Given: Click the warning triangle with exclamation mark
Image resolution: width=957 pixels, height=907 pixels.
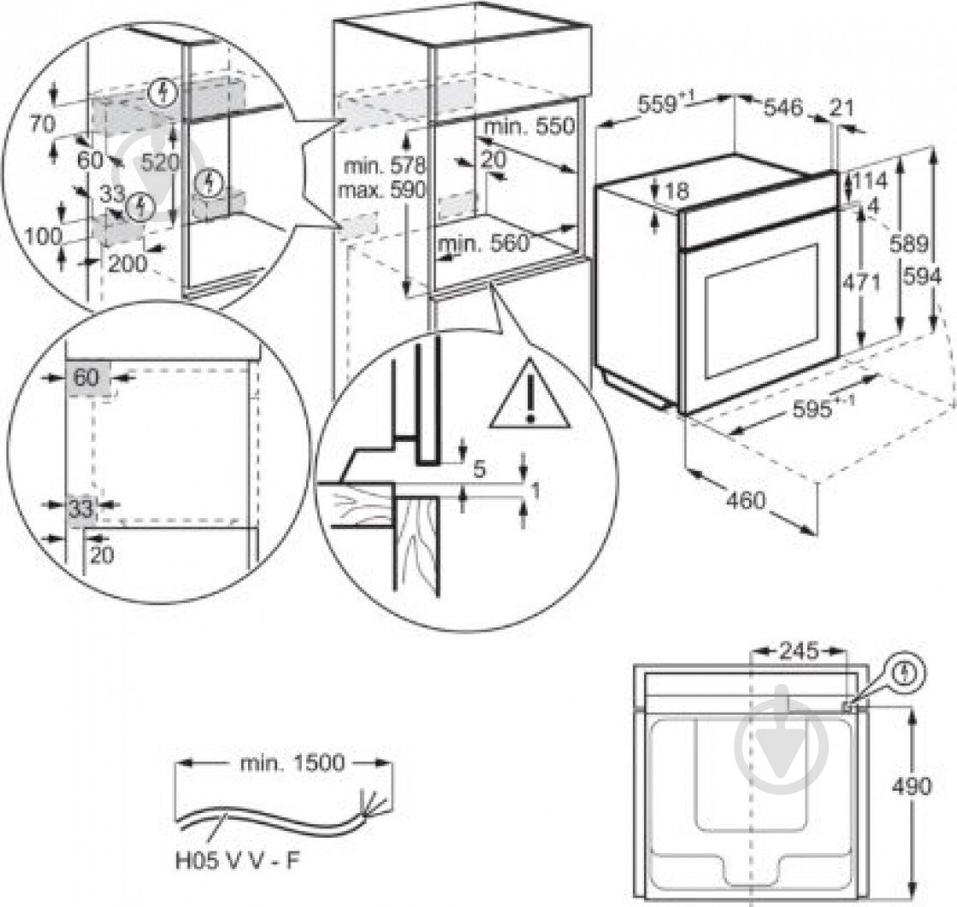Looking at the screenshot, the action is pos(529,397).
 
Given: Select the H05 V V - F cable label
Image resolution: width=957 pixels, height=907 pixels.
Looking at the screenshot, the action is pos(238,861).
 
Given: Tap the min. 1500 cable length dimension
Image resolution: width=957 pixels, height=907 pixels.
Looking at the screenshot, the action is pos(292,763).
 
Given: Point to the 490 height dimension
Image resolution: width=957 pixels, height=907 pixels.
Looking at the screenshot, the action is pos(912,786).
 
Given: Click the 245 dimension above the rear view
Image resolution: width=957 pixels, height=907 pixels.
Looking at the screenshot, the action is pos(799,651).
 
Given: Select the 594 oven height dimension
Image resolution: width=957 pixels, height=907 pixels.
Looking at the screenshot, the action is pos(922,277).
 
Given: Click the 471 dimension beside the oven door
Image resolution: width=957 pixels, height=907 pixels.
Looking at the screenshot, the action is pos(860,282).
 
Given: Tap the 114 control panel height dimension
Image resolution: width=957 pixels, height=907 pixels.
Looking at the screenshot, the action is pos(869,181).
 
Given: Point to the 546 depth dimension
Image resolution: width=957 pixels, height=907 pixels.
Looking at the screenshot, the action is pos(783,108).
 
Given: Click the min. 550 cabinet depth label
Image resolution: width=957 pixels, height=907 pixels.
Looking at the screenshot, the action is pos(529,127).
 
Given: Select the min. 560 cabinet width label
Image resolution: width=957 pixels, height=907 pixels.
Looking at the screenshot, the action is pos(484,244).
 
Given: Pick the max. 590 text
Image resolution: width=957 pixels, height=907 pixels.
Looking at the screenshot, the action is pos(382,190).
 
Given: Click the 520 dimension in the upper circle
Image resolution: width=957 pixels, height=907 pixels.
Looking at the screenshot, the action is pos(159,162).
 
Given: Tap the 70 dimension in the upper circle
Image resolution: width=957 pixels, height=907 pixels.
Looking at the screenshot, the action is pos(42,125).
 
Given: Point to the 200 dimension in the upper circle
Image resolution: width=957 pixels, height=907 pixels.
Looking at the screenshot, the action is pos(127,263).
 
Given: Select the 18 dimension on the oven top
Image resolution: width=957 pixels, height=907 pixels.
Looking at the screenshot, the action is pos(676,191).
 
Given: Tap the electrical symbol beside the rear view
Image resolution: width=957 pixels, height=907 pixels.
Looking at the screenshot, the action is pos(906,674).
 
